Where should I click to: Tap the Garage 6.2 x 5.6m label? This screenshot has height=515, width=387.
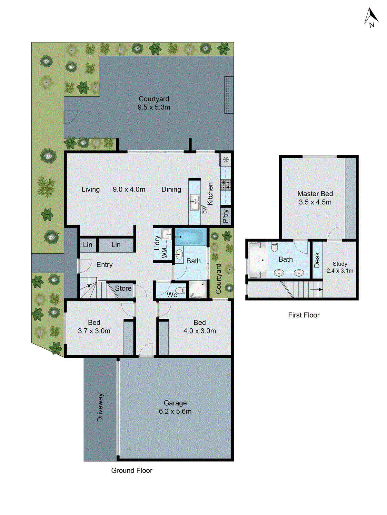(x=175, y=407)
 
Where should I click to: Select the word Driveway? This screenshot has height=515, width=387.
(x=100, y=407)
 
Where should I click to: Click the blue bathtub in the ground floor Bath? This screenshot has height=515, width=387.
(x=190, y=237)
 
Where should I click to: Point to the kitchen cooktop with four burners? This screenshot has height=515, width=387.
(x=226, y=185)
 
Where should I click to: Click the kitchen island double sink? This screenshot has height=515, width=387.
(x=194, y=202)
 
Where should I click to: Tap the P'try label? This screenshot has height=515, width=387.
(x=226, y=216)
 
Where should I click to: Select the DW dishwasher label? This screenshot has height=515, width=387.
(x=205, y=210)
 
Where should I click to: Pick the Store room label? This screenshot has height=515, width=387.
(x=123, y=289)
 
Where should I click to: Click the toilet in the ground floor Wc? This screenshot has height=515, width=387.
(x=183, y=291)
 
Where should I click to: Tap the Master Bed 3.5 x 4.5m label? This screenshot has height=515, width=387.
(x=315, y=198)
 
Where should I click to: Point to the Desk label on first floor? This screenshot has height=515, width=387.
(x=317, y=260)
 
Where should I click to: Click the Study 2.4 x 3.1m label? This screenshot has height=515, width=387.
(x=340, y=267)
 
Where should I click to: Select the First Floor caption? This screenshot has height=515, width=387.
(x=304, y=315)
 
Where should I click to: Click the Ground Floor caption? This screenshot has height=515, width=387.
(x=132, y=471)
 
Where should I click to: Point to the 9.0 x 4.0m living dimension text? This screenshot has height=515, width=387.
(x=129, y=190)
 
